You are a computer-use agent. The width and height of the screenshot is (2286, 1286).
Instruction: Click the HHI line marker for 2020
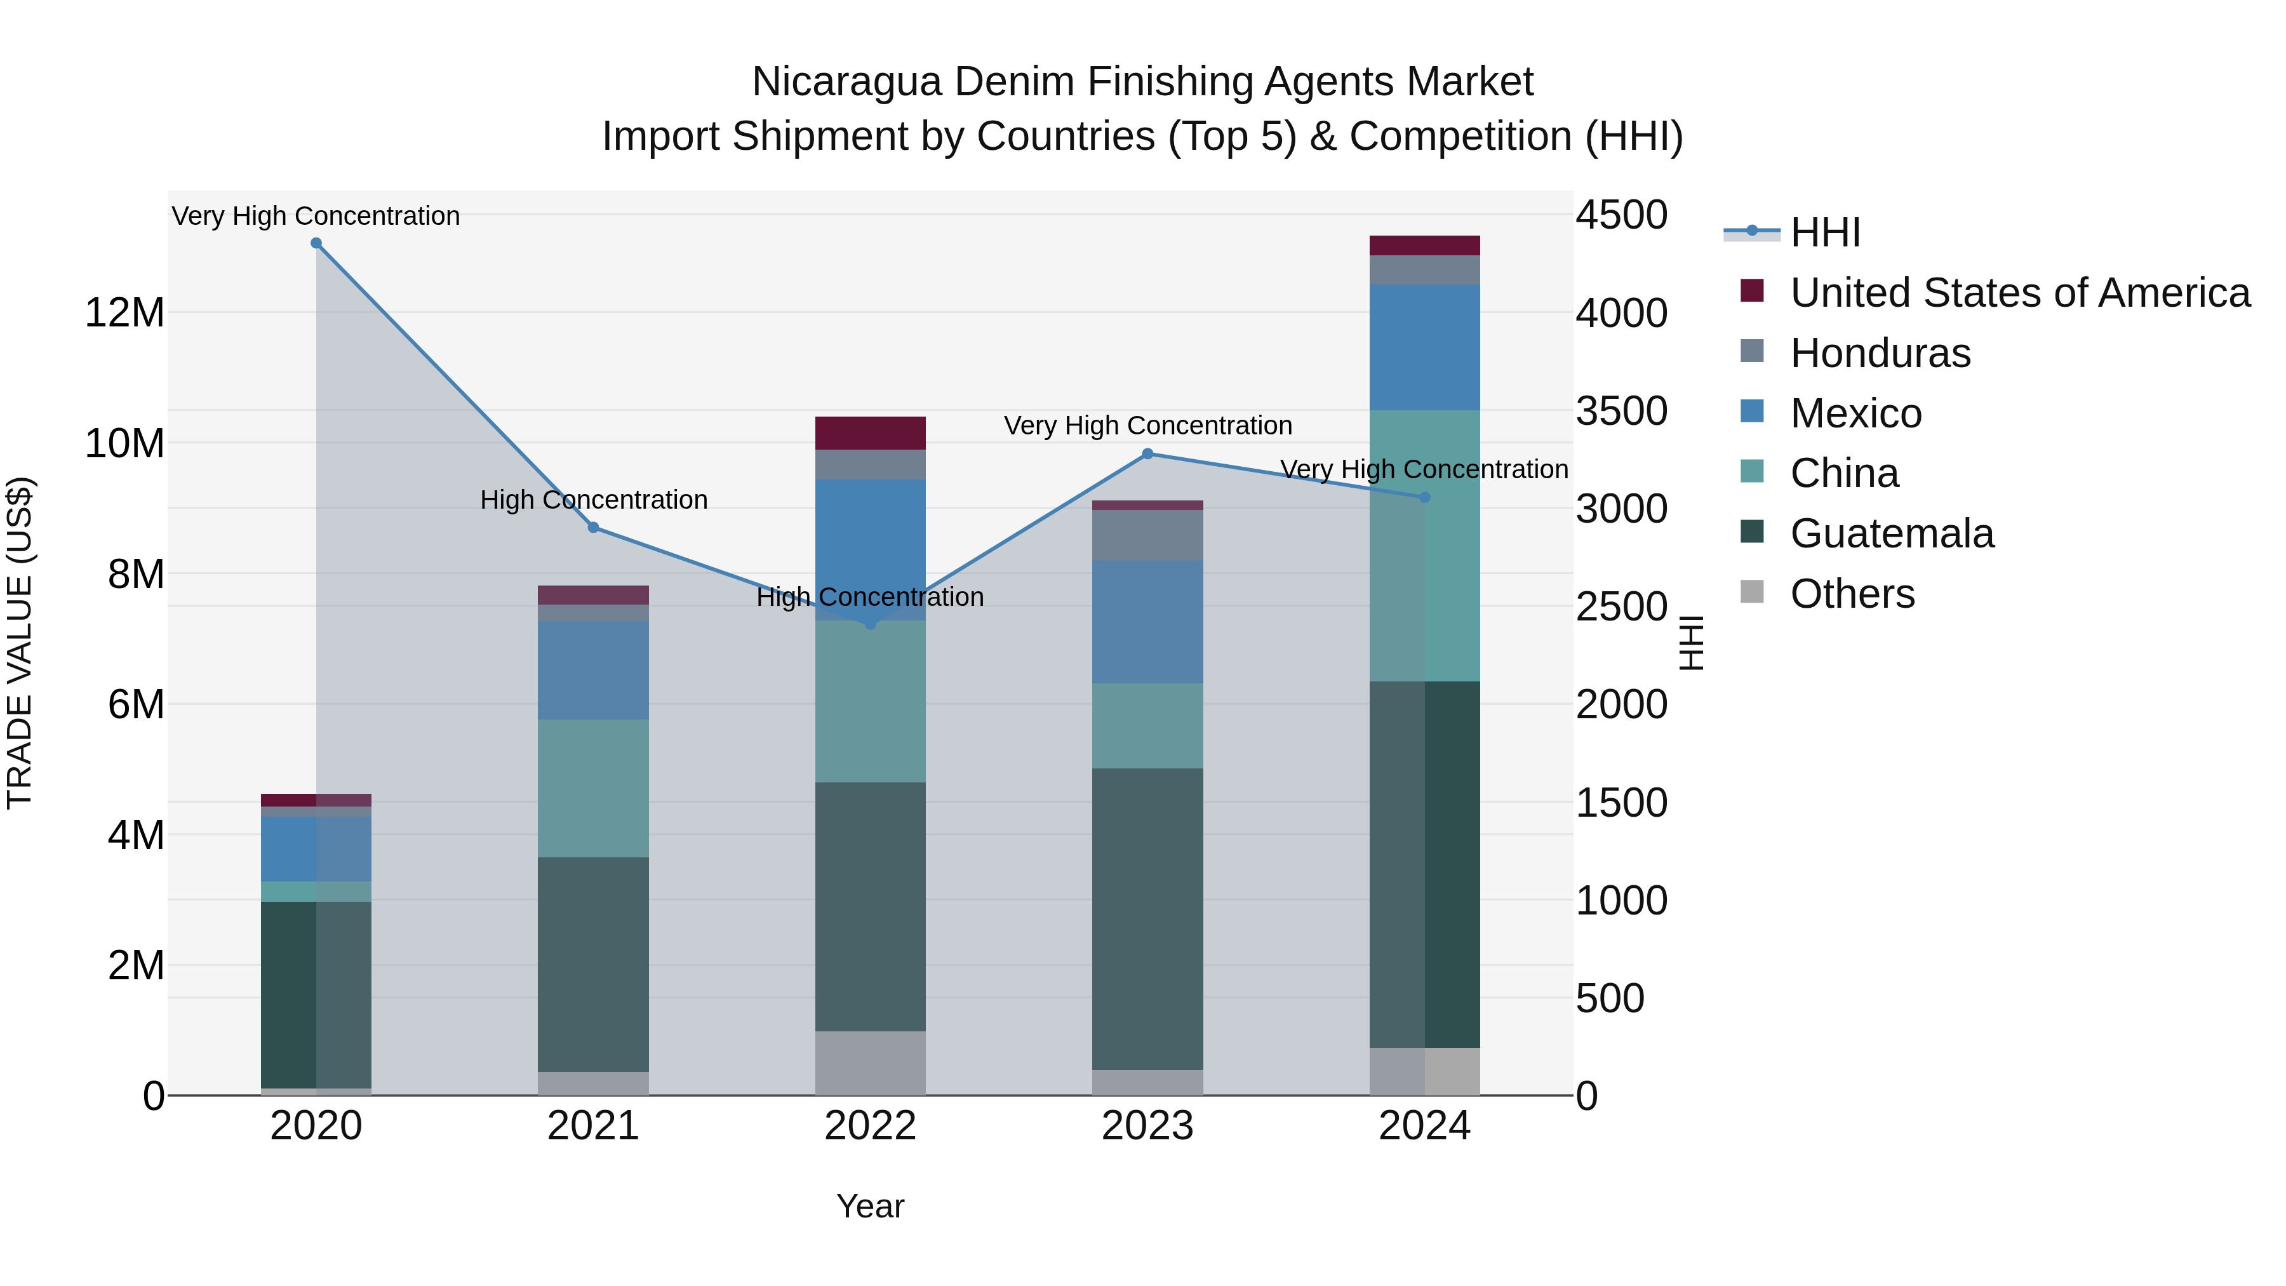pyautogui.click(x=316, y=243)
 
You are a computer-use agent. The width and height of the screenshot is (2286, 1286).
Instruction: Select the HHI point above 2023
pyautogui.click(x=1147, y=453)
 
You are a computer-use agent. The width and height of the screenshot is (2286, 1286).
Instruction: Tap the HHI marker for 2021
pyautogui.click(x=593, y=527)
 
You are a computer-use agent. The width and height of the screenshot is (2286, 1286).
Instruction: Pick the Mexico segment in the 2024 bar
pyautogui.click(x=1424, y=346)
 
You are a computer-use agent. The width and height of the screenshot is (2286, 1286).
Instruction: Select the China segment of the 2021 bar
pyautogui.click(x=593, y=787)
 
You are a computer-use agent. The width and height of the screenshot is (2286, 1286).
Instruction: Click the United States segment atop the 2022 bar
pyautogui.click(x=870, y=433)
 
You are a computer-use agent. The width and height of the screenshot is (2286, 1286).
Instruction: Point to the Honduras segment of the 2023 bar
pyautogui.click(x=1147, y=535)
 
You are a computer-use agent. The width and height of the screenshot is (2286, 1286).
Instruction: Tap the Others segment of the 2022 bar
pyautogui.click(x=870, y=1062)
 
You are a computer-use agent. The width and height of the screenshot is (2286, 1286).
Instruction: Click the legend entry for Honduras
pyautogui.click(x=1880, y=353)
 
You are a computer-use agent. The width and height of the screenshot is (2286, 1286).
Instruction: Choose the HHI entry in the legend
pyautogui.click(x=1824, y=232)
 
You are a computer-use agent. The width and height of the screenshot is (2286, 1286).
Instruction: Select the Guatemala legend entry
pyautogui.click(x=1891, y=533)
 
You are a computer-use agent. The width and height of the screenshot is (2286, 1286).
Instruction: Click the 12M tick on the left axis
pyautogui.click(x=124, y=313)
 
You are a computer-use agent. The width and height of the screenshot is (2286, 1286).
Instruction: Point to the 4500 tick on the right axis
pyautogui.click(x=1621, y=216)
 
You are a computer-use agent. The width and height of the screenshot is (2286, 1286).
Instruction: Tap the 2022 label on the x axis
pyautogui.click(x=870, y=1126)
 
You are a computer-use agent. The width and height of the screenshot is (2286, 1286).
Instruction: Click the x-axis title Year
pyautogui.click(x=870, y=1206)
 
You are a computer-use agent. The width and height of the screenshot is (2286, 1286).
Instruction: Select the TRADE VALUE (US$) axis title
pyautogui.click(x=20, y=643)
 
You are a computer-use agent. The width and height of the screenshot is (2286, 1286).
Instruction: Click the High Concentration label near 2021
pyautogui.click(x=593, y=500)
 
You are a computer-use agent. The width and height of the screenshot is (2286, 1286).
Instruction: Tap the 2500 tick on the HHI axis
pyautogui.click(x=1621, y=607)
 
